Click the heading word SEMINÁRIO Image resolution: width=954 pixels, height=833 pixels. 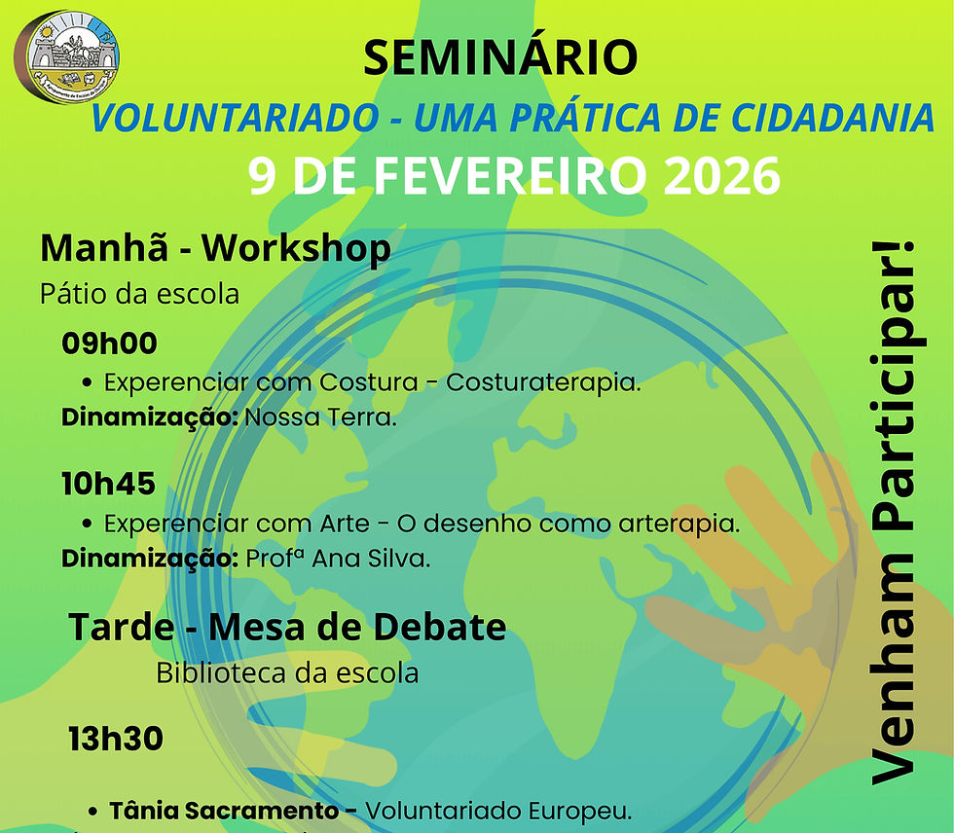point(500,58)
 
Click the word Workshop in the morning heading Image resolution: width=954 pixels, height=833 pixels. point(296,249)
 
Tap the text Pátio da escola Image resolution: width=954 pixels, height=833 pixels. point(139,293)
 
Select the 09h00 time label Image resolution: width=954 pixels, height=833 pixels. point(109,344)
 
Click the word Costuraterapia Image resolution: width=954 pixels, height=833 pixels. point(543,382)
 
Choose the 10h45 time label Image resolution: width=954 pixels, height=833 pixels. point(108,485)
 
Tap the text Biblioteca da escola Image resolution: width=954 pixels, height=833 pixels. point(287,672)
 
